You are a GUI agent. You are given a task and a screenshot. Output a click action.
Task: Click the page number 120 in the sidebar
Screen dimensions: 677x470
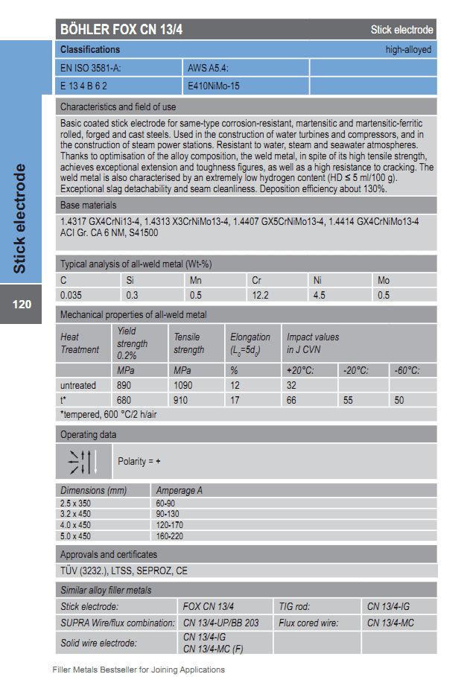pos(22,304)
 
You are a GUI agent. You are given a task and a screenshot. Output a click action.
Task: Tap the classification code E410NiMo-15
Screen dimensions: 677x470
pos(214,86)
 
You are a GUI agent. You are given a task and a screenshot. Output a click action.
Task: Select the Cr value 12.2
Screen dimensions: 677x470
pos(261,295)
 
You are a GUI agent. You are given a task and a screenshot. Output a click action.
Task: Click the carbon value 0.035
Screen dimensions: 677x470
pos(72,295)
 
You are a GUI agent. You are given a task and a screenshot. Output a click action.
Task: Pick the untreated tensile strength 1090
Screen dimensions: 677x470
pos(183,385)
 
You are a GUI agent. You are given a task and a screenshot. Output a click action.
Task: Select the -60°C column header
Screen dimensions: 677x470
pos(407,370)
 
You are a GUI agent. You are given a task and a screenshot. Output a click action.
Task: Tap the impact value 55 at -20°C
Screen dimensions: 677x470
pos(348,400)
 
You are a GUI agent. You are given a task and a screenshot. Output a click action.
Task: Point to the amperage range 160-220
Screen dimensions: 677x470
pos(171,535)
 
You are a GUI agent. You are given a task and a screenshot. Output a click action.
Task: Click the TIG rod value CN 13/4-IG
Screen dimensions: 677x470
pos(388,606)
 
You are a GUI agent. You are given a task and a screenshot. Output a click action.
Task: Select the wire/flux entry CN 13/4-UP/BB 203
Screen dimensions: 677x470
pos(221,623)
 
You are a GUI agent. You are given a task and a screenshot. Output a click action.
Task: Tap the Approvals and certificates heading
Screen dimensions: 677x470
pos(109,554)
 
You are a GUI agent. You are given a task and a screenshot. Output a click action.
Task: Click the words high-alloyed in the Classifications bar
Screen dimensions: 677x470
pos(408,50)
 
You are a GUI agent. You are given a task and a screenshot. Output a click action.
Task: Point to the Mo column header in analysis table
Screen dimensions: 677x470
pos(384,280)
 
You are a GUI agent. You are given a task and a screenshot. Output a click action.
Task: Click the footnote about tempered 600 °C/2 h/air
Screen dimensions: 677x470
pos(109,414)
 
